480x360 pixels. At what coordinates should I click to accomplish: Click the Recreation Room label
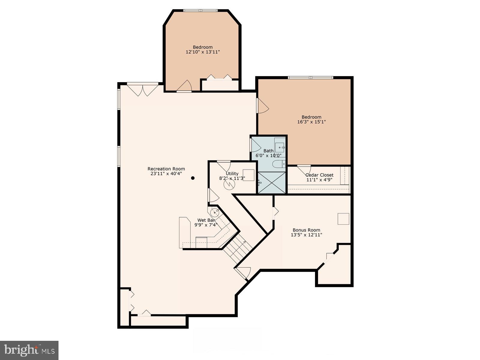pyautogui.click(x=166, y=169)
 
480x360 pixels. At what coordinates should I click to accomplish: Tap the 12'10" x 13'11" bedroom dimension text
pyautogui.click(x=203, y=52)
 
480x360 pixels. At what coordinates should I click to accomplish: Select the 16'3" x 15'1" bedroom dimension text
pyautogui.click(x=311, y=122)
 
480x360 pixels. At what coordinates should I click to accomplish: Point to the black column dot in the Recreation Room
pyautogui.click(x=193, y=178)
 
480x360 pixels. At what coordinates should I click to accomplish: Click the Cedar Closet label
pyautogui.click(x=319, y=175)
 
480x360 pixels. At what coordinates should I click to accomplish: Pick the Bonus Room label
pyautogui.click(x=306, y=230)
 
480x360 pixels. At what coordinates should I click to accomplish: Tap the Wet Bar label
pyautogui.click(x=206, y=220)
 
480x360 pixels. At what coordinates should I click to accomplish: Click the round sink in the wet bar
pyautogui.click(x=215, y=213)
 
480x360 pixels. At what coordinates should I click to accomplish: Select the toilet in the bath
pyautogui.click(x=278, y=164)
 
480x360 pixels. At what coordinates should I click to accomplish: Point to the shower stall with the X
pyautogui.click(x=271, y=183)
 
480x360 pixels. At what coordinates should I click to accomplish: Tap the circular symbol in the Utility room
pyautogui.click(x=229, y=184)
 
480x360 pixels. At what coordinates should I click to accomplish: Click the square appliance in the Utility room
pyautogui.click(x=248, y=175)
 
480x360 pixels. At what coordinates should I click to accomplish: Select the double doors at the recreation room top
pyautogui.click(x=143, y=90)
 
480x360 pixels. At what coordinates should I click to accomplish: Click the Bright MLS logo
pyautogui.click(x=29, y=350)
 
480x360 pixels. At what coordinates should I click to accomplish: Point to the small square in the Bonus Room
pyautogui.click(x=343, y=219)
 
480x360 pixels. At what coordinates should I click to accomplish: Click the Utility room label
pyautogui.click(x=232, y=173)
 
